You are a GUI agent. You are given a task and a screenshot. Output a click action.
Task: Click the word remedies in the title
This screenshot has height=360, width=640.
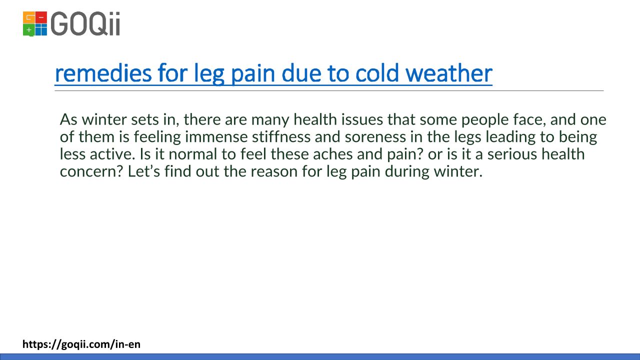(103, 73)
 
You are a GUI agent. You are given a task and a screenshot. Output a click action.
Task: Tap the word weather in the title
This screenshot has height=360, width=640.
(448, 73)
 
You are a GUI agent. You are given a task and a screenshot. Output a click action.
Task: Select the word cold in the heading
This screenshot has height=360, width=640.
(377, 73)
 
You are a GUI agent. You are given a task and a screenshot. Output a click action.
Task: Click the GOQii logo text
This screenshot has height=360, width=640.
(85, 23)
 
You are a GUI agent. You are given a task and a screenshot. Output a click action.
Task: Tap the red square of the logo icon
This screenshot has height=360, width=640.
(41, 17)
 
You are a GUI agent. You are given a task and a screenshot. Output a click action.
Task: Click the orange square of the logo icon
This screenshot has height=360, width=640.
(28, 17)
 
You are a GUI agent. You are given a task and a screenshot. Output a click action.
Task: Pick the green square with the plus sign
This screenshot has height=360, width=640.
(28, 30)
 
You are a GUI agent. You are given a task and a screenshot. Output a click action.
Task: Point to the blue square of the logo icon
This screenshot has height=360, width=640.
(41, 30)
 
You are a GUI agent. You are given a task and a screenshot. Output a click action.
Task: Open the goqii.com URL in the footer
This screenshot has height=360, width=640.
(81, 344)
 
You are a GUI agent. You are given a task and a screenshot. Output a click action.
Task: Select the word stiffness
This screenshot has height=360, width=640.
(281, 136)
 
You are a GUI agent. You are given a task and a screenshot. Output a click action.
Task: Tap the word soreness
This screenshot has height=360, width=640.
(375, 137)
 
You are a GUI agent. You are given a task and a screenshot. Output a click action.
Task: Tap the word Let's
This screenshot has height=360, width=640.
(143, 171)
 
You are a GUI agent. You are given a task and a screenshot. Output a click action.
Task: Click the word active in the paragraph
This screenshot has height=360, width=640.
(112, 154)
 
